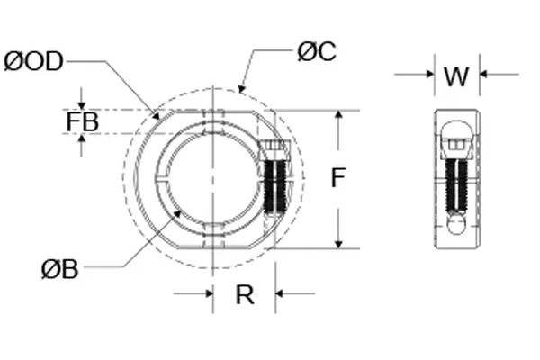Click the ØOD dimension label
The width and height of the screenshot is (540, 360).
tap(34, 61)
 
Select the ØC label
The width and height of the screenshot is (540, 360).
tap(316, 52)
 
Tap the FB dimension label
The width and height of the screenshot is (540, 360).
tap(82, 121)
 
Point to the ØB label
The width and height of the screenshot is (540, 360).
tap(58, 267)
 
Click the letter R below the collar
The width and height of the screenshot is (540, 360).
tap(244, 294)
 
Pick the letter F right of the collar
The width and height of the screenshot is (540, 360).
tap(337, 178)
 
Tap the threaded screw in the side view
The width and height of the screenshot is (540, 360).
tap(457, 180)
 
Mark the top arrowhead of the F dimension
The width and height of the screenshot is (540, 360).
tap(338, 116)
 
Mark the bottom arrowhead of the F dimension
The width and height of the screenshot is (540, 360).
tap(338, 243)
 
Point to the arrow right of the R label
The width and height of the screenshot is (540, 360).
tap(282, 292)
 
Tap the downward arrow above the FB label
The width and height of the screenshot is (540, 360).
tap(82, 104)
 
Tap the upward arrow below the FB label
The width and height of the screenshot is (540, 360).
tap(82, 139)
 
